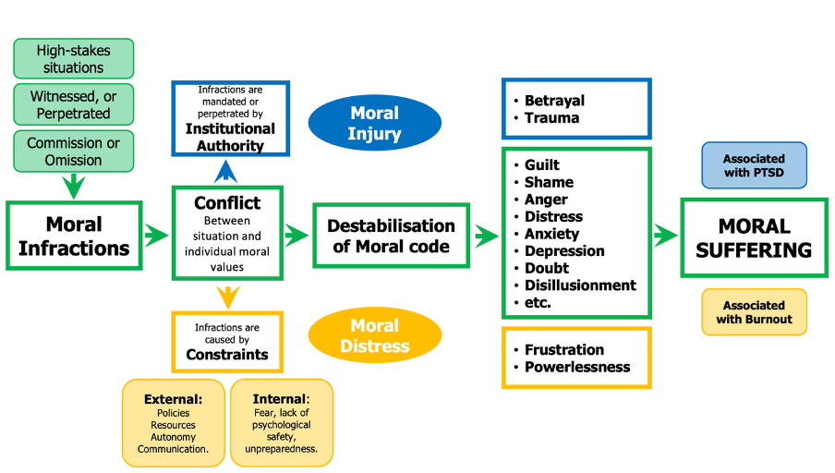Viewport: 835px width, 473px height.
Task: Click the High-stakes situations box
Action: [73, 59]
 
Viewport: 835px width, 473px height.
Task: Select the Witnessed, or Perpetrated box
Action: [73, 104]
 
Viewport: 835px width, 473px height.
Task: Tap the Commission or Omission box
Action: [73, 152]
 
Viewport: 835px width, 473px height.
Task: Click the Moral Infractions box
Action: [74, 236]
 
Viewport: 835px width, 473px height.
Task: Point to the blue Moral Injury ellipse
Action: [374, 124]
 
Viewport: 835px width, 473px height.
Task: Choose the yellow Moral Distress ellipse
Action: [374, 335]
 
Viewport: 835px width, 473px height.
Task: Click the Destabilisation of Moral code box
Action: [391, 236]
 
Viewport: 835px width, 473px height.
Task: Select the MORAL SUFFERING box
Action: [755, 237]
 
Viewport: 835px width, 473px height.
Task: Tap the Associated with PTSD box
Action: [754, 165]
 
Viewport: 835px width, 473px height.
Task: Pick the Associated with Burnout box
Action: [754, 312]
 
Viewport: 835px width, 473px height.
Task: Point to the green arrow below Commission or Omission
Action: [74, 185]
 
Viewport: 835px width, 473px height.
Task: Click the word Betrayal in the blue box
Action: [554, 101]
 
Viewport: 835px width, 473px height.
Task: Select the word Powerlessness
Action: [577, 367]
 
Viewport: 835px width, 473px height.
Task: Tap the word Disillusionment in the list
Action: [580, 285]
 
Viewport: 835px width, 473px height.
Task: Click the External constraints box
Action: [173, 422]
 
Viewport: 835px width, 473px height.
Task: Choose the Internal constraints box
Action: [281, 422]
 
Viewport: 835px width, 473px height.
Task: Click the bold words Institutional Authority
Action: [230, 137]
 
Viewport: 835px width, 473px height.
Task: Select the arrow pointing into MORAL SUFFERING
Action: [664, 236]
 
